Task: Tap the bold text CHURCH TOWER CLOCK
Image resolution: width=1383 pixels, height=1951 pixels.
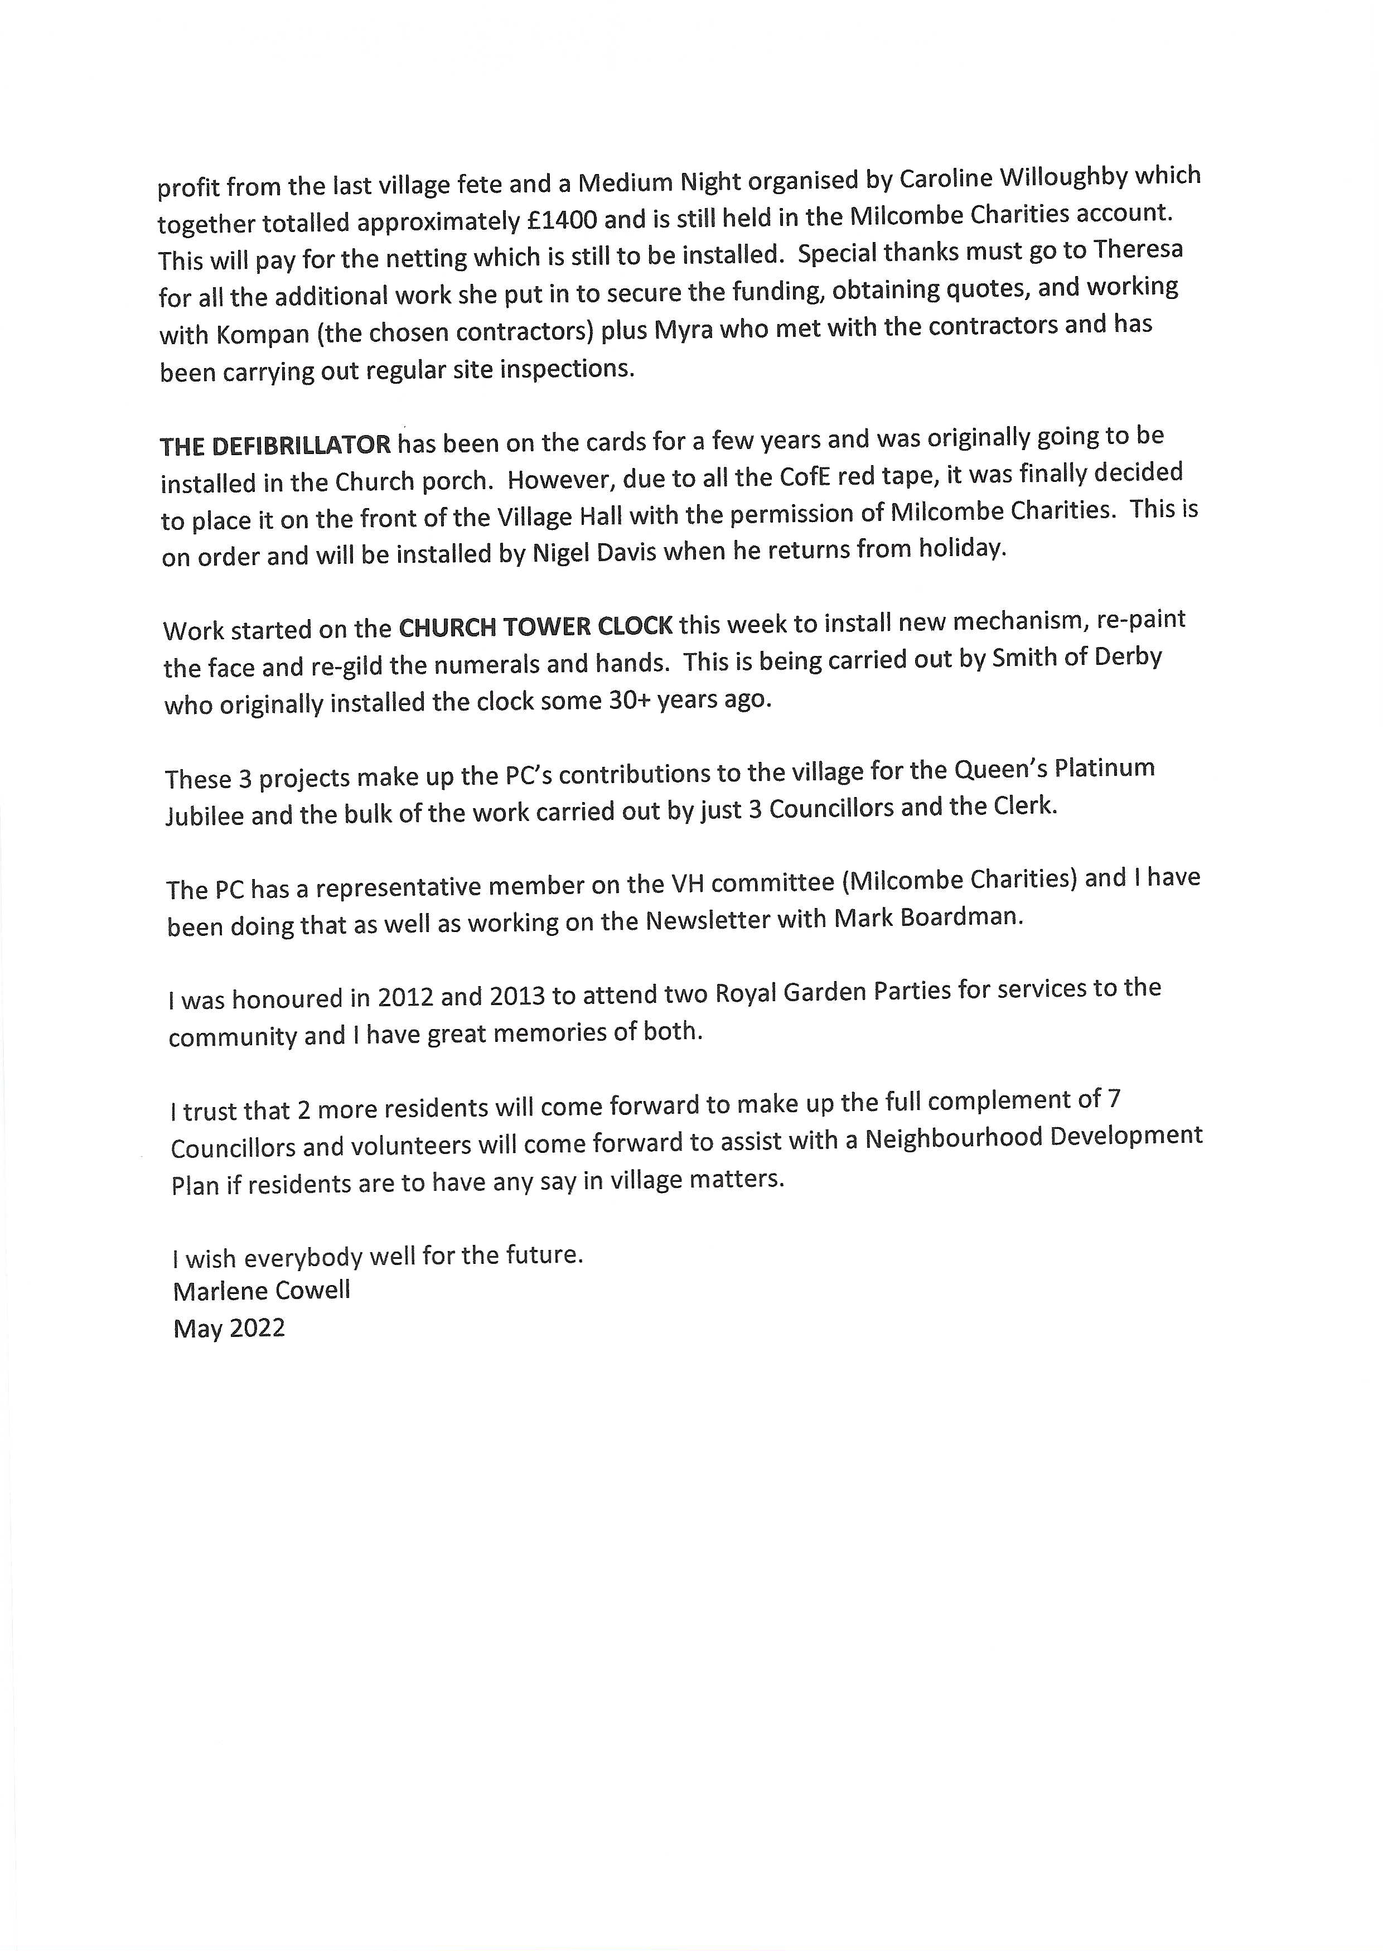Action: pos(536,627)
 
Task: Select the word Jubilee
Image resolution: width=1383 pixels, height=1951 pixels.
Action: pos(205,816)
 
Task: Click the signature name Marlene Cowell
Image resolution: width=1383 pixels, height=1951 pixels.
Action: pos(262,1291)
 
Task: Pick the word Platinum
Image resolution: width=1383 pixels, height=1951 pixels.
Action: pos(1105,769)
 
